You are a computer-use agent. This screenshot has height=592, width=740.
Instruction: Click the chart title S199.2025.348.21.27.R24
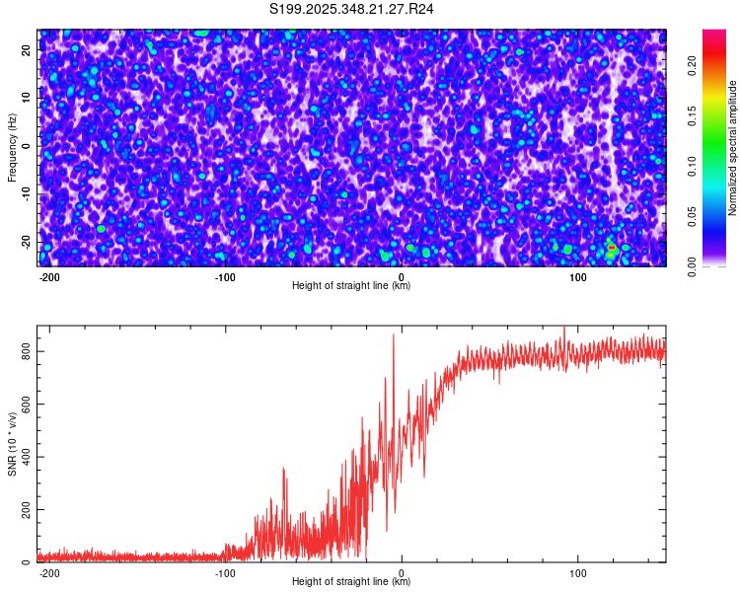352,9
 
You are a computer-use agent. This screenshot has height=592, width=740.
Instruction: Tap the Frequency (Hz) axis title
12,148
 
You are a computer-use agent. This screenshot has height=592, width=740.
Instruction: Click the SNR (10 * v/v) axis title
12,443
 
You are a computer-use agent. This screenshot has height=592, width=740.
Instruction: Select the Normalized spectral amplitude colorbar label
733,148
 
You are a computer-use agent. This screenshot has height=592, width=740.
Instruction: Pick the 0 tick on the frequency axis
27,146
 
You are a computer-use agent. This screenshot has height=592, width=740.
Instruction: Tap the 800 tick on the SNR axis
27,352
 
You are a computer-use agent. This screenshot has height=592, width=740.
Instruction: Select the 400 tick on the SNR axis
27,457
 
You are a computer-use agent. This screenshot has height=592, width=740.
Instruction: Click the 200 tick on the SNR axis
27,510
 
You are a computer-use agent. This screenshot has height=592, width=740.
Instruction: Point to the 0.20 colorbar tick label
693,67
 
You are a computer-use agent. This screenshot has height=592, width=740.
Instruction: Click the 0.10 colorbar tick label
693,167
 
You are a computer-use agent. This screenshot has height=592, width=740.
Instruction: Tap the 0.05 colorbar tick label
693,217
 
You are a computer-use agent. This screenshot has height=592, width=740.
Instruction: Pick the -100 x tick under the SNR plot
225,572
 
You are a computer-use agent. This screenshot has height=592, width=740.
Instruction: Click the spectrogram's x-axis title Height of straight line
351,286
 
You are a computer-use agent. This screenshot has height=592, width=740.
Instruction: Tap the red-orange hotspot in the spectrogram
612,247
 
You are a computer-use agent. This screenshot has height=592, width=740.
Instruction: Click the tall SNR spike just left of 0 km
394,336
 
